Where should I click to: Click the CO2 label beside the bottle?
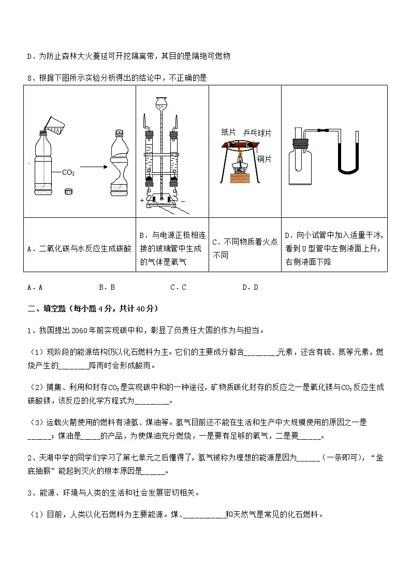pyautogui.click(x=68, y=173)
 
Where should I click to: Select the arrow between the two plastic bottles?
pyautogui.click(x=93, y=167)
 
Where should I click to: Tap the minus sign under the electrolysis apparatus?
pyautogui.click(x=183, y=200)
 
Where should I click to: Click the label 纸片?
pyautogui.click(x=228, y=132)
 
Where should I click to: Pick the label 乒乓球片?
pyautogui.click(x=257, y=133)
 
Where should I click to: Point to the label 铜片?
pyautogui.click(x=264, y=159)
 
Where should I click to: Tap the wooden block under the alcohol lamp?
pyautogui.click(x=240, y=177)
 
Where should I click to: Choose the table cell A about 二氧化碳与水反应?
pyautogui.click(x=79, y=249)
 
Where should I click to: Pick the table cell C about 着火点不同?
pyautogui.click(x=245, y=248)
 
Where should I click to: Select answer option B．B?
pyautogui.click(x=107, y=287)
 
